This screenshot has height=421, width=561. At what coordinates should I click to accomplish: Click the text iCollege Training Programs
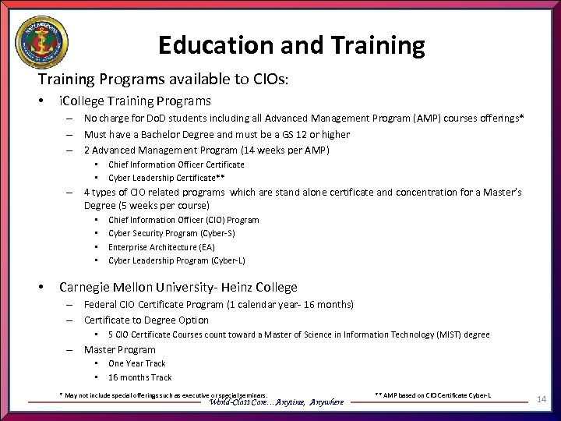135,101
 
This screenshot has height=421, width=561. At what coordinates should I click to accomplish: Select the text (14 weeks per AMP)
287,150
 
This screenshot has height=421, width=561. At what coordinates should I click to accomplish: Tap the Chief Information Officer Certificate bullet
176,165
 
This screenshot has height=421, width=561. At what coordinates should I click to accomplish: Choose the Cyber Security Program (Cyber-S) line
171,233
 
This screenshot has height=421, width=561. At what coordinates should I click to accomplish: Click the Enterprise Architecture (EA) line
161,247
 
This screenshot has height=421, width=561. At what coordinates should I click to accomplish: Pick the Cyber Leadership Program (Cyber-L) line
176,260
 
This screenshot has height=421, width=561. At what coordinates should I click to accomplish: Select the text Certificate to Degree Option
146,320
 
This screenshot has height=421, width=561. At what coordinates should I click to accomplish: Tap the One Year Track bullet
137,363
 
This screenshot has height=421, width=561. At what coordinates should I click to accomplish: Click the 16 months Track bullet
140,377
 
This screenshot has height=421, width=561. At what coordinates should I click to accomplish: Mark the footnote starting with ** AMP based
432,396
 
